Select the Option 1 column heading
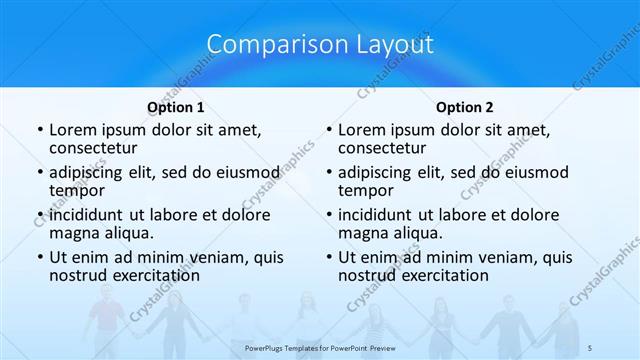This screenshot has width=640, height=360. pyautogui.click(x=175, y=107)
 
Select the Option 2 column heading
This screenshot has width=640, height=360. pyautogui.click(x=464, y=107)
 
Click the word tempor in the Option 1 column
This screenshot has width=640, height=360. pyautogui.click(x=76, y=191)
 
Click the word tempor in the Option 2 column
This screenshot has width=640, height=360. pyautogui.click(x=365, y=191)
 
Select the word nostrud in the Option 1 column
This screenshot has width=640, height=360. pyautogui.click(x=79, y=275)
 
